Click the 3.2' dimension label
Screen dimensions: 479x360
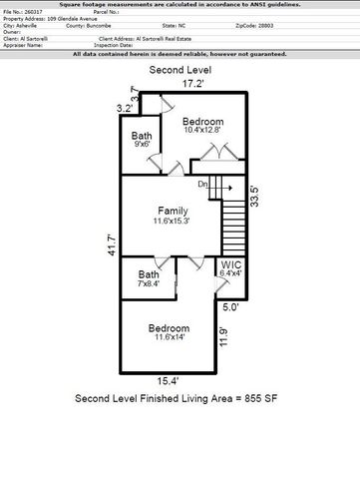point(124,107)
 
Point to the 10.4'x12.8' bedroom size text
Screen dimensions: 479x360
point(207,130)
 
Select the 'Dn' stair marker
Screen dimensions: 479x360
point(202,184)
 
